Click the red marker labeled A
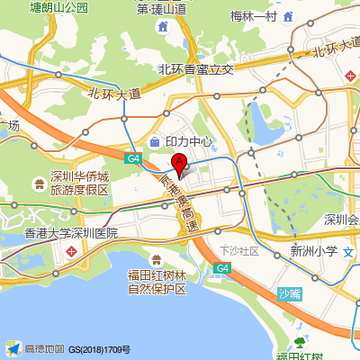click(x=179, y=164)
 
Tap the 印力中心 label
click(x=189, y=141)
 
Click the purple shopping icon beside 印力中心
click(x=156, y=141)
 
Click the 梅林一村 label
click(x=253, y=15)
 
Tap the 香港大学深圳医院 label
click(x=71, y=233)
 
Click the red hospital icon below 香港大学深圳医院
click(x=71, y=252)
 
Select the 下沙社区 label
click(x=239, y=250)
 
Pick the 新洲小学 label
click(x=314, y=252)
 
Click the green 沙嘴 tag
click(x=288, y=293)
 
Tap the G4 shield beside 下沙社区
click(x=222, y=268)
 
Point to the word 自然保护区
click(x=157, y=289)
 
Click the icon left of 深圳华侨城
click(x=39, y=184)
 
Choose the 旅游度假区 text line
click(x=79, y=190)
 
